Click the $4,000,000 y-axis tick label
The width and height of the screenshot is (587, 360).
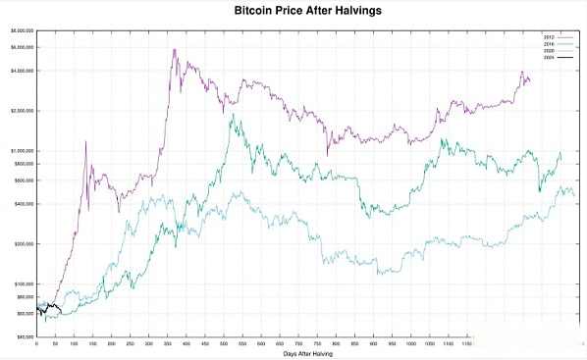pos(21,71)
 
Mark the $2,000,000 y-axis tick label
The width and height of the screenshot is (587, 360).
pos(21,111)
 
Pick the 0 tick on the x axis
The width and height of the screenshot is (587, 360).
pos(36,343)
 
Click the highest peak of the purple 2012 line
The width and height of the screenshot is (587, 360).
pos(175,49)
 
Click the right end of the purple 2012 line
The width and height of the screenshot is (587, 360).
pos(530,80)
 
